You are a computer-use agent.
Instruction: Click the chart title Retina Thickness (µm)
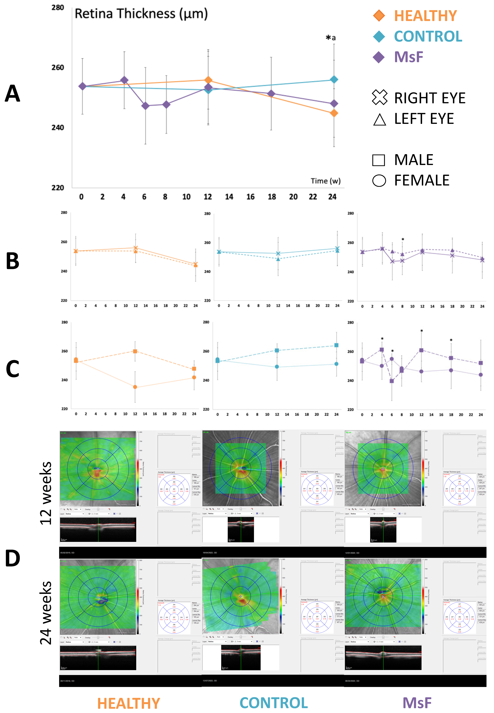[141, 14]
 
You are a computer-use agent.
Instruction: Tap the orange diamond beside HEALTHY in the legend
[379, 15]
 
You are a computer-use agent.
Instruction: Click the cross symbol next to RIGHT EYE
[379, 97]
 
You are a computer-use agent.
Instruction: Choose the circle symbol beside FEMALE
[379, 180]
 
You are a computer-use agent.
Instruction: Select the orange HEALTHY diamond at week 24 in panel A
[334, 113]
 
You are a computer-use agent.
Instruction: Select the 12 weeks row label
[46, 493]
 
